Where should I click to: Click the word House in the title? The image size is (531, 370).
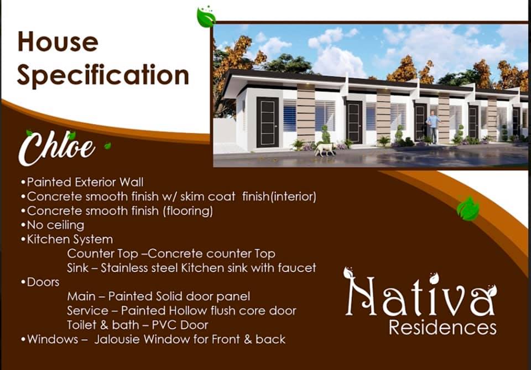click(x=58, y=42)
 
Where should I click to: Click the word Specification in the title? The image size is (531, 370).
click(x=103, y=75)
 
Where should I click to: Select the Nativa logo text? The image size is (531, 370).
click(x=420, y=295)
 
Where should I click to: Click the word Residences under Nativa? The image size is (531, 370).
click(x=443, y=327)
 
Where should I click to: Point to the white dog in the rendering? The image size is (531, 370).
click(x=325, y=149)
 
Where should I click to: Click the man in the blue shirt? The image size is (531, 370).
click(x=433, y=127)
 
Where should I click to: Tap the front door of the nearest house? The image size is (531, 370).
click(x=268, y=122)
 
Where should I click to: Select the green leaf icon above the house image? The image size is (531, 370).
click(x=206, y=17)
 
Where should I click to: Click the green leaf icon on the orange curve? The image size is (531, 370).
click(x=468, y=209)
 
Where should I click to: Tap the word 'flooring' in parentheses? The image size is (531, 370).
click(x=188, y=211)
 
